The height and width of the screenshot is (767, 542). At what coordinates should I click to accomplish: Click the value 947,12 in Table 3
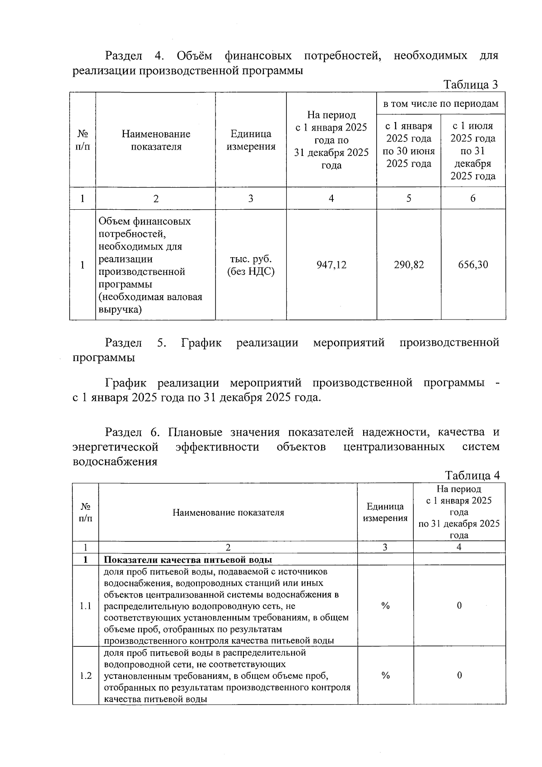tap(331, 265)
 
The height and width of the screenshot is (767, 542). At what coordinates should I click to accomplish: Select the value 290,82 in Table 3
tap(409, 265)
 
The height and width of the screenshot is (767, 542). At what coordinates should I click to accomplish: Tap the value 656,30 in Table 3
tap(473, 265)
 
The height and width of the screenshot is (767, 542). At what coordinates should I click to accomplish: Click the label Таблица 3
tap(471, 85)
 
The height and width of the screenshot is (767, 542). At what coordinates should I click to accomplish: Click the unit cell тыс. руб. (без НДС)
tap(251, 265)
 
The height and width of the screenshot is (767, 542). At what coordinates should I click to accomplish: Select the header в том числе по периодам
tap(441, 104)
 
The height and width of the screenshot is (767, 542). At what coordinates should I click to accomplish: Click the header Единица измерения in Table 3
tap(251, 140)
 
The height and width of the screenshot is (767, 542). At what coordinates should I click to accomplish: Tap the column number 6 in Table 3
tap(473, 198)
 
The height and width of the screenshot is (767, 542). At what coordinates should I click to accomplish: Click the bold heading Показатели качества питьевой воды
tap(188, 559)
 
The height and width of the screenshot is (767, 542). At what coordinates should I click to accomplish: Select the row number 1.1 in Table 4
tap(85, 606)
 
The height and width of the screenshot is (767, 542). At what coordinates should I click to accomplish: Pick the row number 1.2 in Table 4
tap(85, 676)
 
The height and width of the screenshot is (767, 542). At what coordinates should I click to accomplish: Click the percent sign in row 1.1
tap(385, 606)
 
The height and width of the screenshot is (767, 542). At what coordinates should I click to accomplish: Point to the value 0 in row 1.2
tap(459, 676)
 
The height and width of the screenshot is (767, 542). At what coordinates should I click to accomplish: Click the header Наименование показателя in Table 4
tap(228, 513)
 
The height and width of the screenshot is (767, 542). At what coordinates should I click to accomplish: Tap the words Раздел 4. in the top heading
tap(134, 56)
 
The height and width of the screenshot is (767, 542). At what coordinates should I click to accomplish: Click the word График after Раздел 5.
tap(201, 343)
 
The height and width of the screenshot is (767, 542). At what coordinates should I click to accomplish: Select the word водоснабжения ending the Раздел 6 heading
tap(115, 462)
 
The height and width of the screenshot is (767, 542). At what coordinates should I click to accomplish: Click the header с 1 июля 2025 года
tap(473, 151)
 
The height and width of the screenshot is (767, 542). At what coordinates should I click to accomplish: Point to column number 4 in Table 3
tap(331, 198)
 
